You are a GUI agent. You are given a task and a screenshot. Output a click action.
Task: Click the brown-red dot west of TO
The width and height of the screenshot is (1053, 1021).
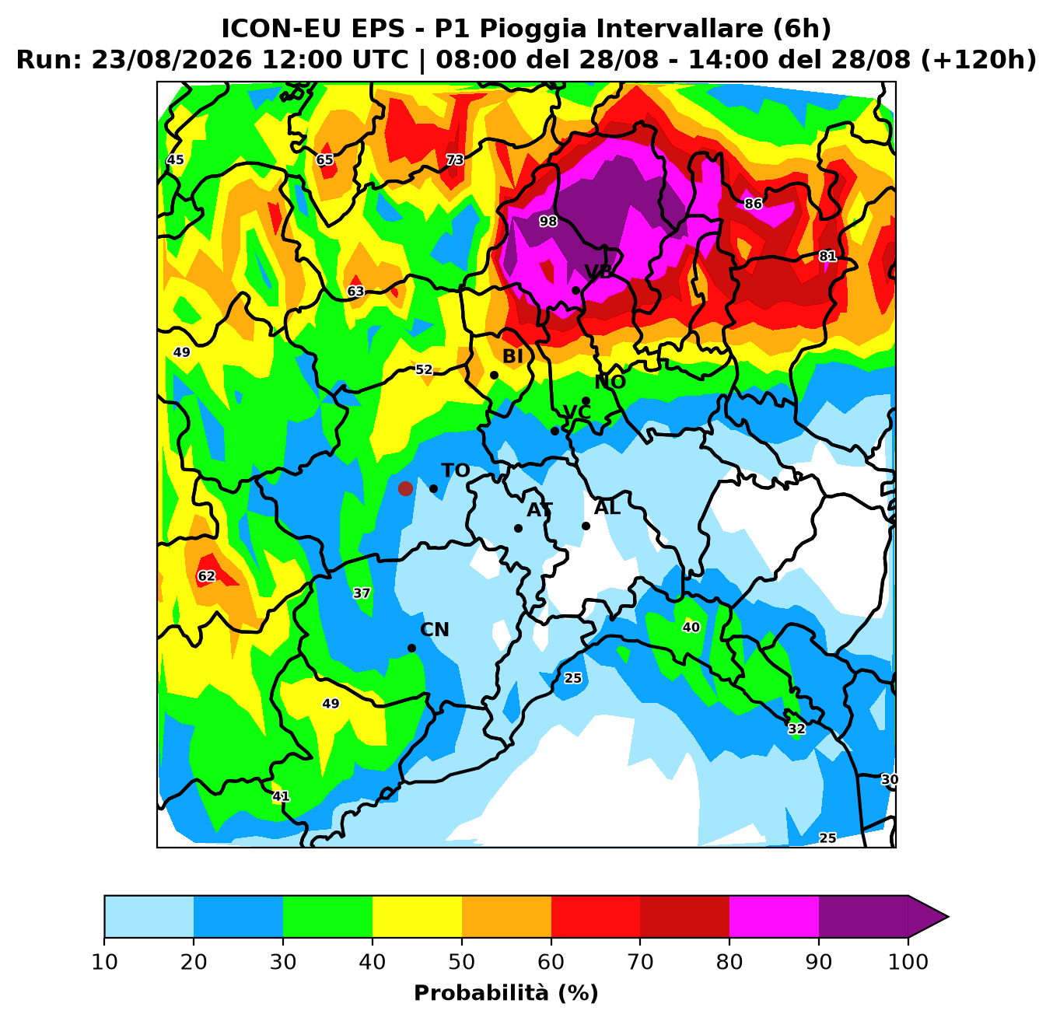click(405, 488)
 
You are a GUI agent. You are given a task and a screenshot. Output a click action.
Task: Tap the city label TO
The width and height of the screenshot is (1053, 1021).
click(456, 470)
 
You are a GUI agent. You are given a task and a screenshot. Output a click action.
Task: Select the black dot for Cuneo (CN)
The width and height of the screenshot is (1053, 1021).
click(411, 649)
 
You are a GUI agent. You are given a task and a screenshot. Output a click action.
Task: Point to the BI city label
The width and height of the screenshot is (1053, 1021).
click(513, 357)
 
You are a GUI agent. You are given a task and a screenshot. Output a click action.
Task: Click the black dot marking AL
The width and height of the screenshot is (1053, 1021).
click(586, 526)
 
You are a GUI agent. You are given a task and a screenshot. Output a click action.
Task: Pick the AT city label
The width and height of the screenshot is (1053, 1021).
click(540, 509)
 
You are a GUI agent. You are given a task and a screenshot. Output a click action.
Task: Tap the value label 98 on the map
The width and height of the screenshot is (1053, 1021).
click(548, 222)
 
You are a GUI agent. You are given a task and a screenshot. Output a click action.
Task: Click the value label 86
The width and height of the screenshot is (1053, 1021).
click(754, 204)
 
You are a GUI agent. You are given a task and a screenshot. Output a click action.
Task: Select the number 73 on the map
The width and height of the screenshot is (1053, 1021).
click(455, 159)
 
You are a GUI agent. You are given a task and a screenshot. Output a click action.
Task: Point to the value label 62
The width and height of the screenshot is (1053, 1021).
click(206, 576)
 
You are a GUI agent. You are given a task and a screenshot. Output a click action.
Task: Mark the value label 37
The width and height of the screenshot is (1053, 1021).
click(362, 593)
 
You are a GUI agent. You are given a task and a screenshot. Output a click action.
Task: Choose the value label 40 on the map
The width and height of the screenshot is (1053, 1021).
click(691, 627)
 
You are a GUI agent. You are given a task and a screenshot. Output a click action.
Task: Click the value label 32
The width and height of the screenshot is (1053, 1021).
click(796, 729)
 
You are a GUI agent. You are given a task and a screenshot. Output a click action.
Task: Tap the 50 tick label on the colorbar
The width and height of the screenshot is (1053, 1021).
click(462, 961)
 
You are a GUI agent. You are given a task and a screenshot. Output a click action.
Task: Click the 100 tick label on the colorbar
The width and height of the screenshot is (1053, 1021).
click(908, 961)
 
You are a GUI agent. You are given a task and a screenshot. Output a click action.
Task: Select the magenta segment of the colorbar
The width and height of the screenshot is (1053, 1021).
click(774, 917)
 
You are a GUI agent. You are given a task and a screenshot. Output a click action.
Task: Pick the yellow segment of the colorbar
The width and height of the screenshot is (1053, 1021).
click(417, 917)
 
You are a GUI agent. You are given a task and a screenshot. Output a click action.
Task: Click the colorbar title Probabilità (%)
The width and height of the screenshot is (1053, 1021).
click(506, 994)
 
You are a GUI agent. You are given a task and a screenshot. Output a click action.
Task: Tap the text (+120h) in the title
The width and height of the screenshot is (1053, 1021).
click(978, 59)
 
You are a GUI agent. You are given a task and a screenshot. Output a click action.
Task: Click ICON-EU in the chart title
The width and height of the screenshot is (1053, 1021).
click(282, 28)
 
